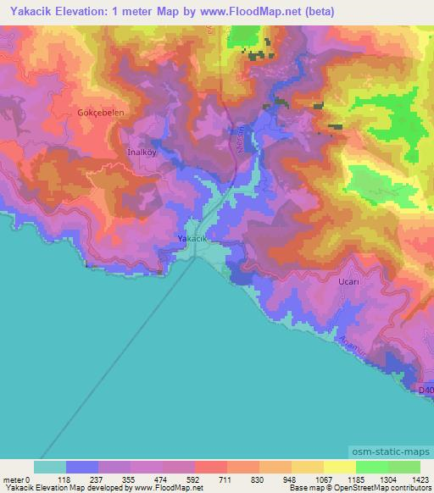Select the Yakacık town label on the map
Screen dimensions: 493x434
coord(192,240)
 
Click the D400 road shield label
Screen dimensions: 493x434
coord(427,389)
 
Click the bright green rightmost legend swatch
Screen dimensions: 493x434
coord(404,467)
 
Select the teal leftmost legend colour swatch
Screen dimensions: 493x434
coord(50,467)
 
